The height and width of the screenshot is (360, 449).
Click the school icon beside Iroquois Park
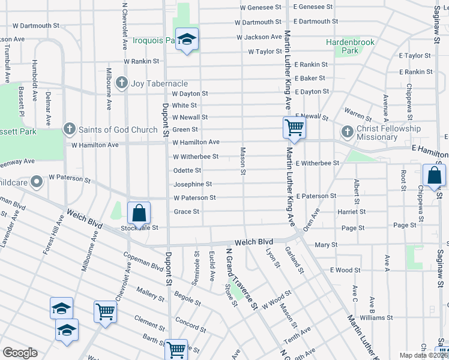coord(187,40)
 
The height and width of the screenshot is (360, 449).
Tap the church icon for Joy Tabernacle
coord(122,83)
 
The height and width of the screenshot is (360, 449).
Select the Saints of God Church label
coord(118,130)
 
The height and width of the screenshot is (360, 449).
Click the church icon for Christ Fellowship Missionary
coord(347,131)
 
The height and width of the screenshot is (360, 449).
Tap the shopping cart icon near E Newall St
coord(294,127)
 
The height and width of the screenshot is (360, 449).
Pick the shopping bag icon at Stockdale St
coord(139,213)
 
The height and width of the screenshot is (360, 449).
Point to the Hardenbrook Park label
coord(350,46)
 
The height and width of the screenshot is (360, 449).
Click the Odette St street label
coord(188,171)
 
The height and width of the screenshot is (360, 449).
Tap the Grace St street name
coord(186,212)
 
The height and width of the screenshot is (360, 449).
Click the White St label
coord(184,105)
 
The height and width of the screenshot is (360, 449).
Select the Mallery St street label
coord(150,293)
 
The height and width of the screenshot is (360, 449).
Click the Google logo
coord(20,353)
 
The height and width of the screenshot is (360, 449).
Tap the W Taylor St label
coord(265,52)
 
